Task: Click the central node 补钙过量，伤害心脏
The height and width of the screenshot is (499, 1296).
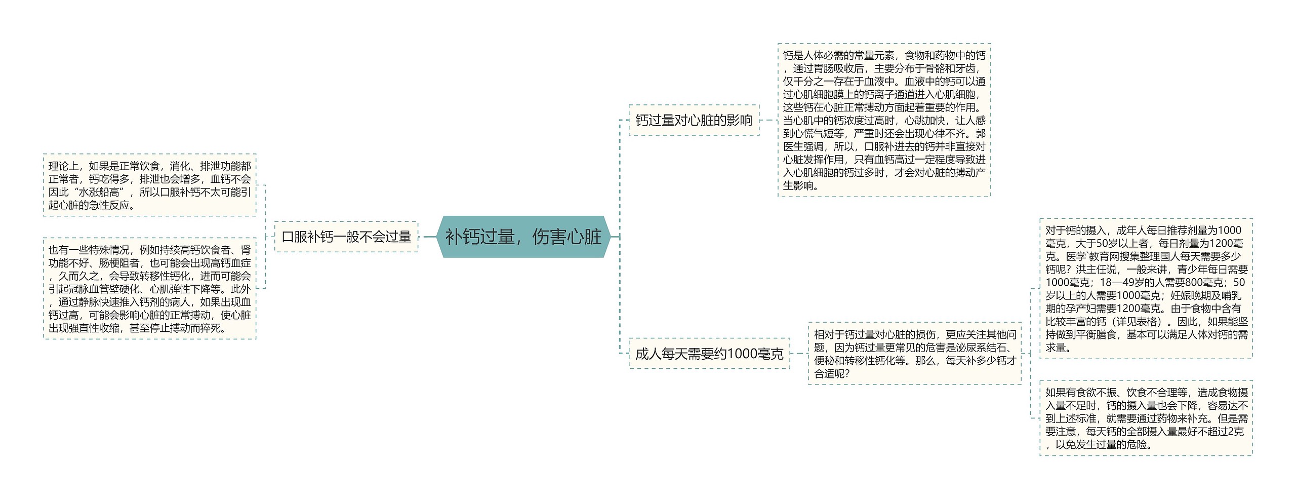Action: point(523,237)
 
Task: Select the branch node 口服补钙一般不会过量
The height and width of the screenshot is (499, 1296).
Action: point(346,237)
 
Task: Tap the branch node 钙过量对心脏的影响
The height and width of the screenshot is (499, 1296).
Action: point(694,120)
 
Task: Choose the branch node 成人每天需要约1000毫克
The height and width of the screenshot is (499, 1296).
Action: point(709,353)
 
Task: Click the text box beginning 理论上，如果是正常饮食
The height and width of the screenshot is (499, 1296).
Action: point(150,185)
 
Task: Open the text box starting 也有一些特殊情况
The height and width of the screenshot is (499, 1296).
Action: point(150,289)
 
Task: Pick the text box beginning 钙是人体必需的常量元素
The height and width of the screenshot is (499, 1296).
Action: point(884,120)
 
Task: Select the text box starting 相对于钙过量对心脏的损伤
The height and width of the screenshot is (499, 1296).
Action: point(914,353)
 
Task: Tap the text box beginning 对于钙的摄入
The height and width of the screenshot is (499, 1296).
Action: point(1146,289)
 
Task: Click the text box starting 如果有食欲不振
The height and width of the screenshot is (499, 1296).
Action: point(1146,418)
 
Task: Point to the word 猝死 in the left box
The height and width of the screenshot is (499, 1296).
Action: point(211,328)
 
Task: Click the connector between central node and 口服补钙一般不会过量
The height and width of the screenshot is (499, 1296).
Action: point(428,237)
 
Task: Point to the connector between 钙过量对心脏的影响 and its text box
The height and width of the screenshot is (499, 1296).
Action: point(768,120)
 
